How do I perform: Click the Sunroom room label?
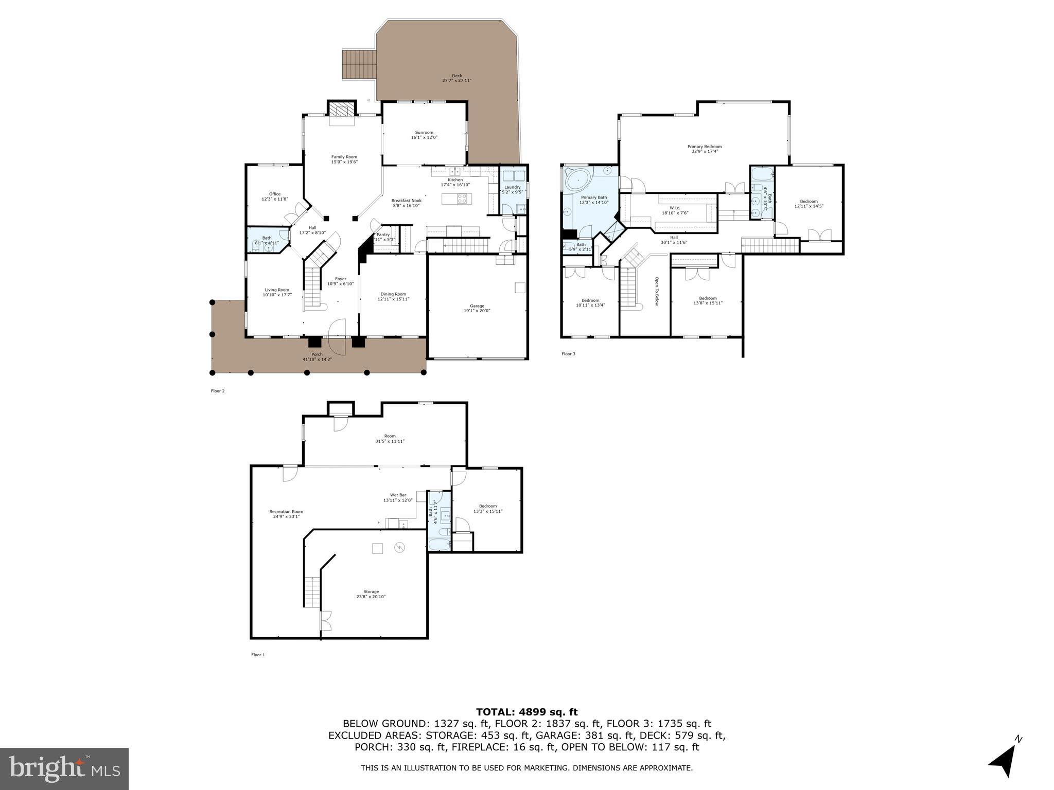[x=424, y=133]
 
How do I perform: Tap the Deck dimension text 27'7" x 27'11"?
[x=456, y=81]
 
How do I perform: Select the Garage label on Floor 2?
[x=477, y=306]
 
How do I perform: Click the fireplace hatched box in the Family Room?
[x=341, y=110]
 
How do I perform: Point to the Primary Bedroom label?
[x=704, y=147]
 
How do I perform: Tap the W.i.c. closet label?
[x=675, y=208]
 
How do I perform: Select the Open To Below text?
[x=657, y=291]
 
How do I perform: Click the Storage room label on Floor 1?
[x=371, y=592]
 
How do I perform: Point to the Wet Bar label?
[x=398, y=495]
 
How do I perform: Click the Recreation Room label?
[x=286, y=512]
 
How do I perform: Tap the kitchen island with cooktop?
[x=455, y=199]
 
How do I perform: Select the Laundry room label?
[x=512, y=187]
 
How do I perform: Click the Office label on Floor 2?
[x=275, y=194]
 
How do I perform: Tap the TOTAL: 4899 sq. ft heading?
[x=526, y=712]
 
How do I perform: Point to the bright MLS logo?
[x=64, y=769]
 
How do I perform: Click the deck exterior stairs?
[x=360, y=65]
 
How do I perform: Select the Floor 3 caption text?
[x=568, y=354]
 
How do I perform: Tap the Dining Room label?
[x=393, y=294]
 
